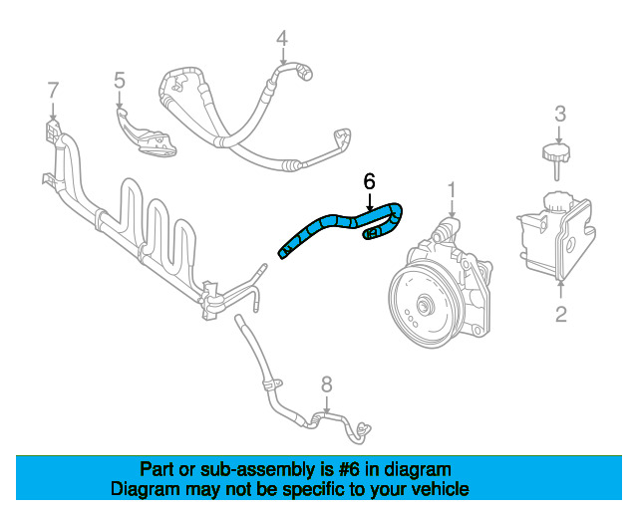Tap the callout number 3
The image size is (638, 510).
[560, 113]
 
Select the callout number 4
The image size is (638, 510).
[282, 39]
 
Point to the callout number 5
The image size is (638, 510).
[119, 81]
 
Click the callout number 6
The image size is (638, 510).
[369, 181]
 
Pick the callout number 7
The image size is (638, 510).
[53, 91]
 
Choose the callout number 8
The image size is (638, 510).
[325, 384]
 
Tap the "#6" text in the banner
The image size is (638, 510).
[352, 469]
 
